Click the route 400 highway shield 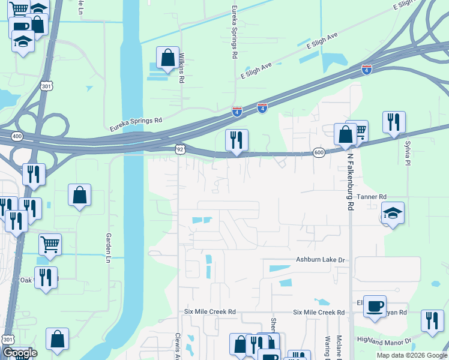pos(17,137)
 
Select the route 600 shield pos(319,153)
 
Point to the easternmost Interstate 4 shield pos(367,70)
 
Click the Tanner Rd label pos(371,197)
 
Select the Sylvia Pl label pos(407,153)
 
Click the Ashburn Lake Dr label pos(321,260)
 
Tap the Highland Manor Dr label pos(384,341)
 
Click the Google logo pos(19,353)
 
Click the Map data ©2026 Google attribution pos(412,355)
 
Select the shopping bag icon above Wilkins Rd pos(167,58)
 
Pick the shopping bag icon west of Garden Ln pos(79,195)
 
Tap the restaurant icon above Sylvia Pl pos(394,122)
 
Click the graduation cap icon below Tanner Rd pos(393,212)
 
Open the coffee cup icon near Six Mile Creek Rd pos(375,306)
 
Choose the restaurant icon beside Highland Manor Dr pos(432,320)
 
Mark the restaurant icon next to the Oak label pos(46,277)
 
